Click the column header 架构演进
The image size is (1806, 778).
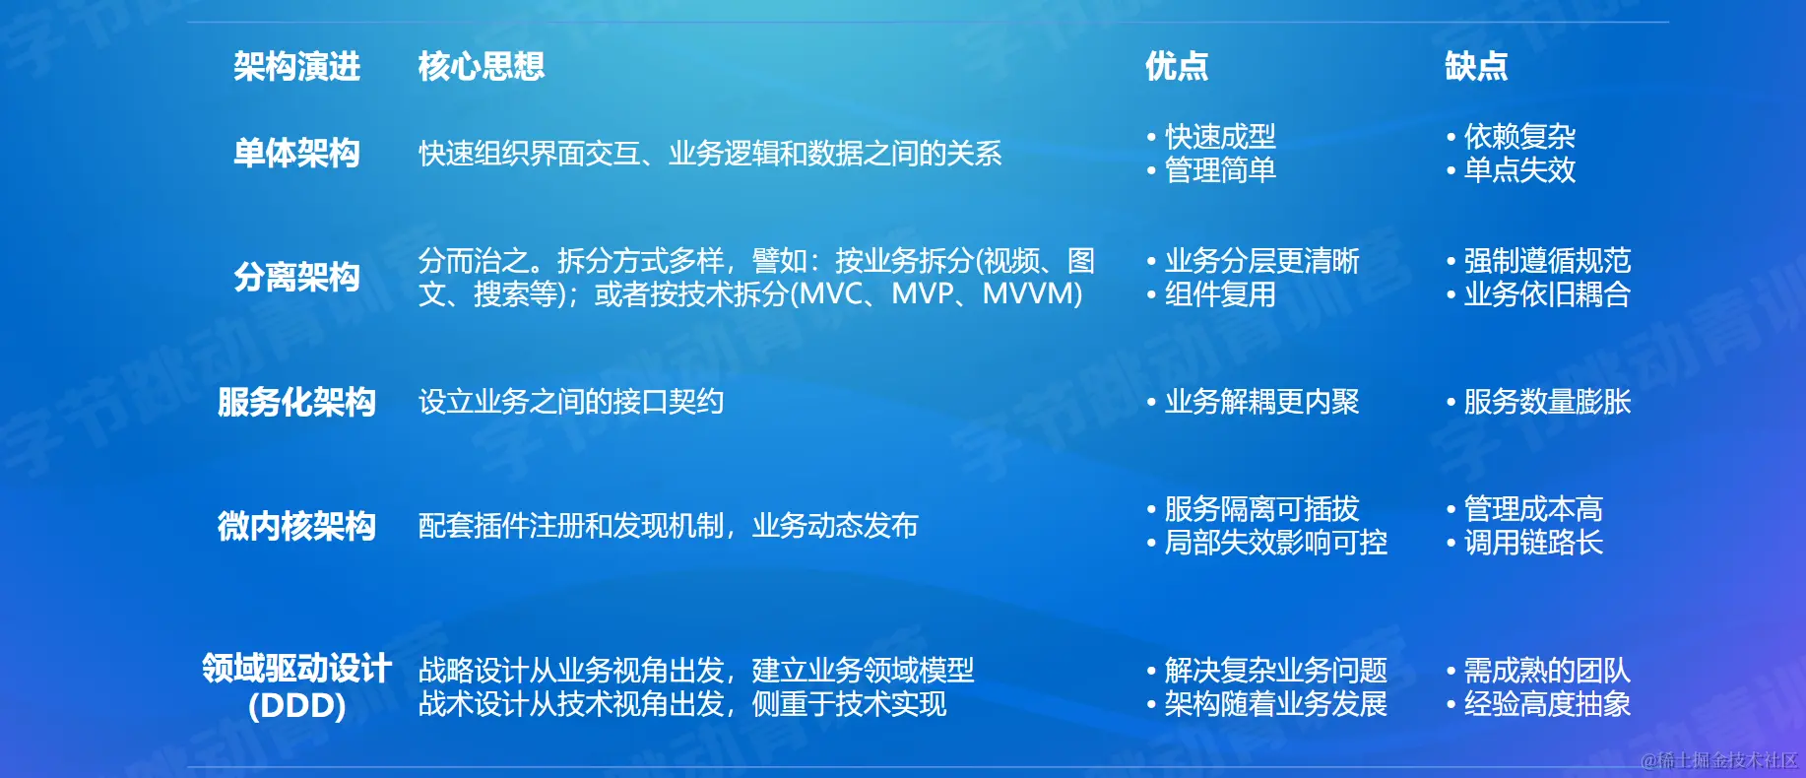tap(296, 66)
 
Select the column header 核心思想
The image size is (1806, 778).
tap(481, 66)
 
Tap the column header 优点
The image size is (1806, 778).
tap(1177, 66)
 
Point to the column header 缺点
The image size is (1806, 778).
tap(1476, 66)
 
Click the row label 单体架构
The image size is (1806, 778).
tap(296, 153)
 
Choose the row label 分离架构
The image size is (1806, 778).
tap(296, 277)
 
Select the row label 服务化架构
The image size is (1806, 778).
tap(296, 402)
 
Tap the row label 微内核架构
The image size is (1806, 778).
tap(296, 526)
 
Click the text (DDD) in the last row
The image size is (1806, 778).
tap(296, 706)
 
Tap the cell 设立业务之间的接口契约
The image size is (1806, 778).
tap(571, 402)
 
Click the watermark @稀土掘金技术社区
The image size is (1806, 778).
tap(1719, 760)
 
